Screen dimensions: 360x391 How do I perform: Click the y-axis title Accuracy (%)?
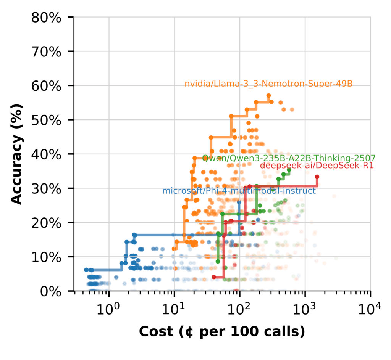[16, 154]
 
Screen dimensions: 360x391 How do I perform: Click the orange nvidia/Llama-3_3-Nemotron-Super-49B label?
[268, 84]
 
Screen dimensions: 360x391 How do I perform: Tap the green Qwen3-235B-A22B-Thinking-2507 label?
[289, 158]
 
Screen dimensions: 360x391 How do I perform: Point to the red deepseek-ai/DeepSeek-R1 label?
[317, 166]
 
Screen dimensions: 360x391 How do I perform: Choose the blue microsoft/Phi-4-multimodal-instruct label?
[239, 191]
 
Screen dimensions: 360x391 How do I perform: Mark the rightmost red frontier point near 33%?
[317, 177]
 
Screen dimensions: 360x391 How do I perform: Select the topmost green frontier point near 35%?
[289, 170]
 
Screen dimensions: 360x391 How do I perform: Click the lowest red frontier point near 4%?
[214, 277]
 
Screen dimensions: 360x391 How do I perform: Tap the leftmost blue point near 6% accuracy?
[86, 270]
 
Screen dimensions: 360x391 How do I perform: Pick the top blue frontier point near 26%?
[239, 202]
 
